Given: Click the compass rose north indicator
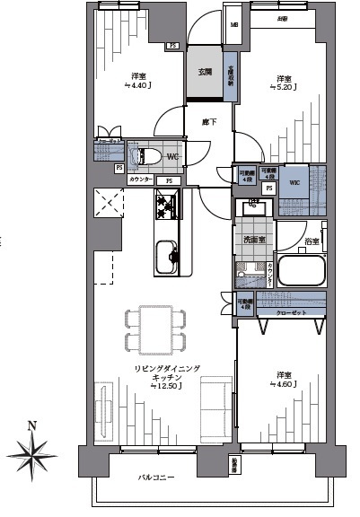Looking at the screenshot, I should tap(32, 446).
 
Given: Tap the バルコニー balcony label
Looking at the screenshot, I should tap(156, 477).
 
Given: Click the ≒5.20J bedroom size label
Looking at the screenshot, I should tap(284, 86).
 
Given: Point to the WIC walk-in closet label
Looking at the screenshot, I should tap(294, 182).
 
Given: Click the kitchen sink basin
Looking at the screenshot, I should tap(166, 258).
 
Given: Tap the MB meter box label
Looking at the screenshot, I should tap(233, 26).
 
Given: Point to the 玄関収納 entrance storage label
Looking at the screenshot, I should tap(230, 74).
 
